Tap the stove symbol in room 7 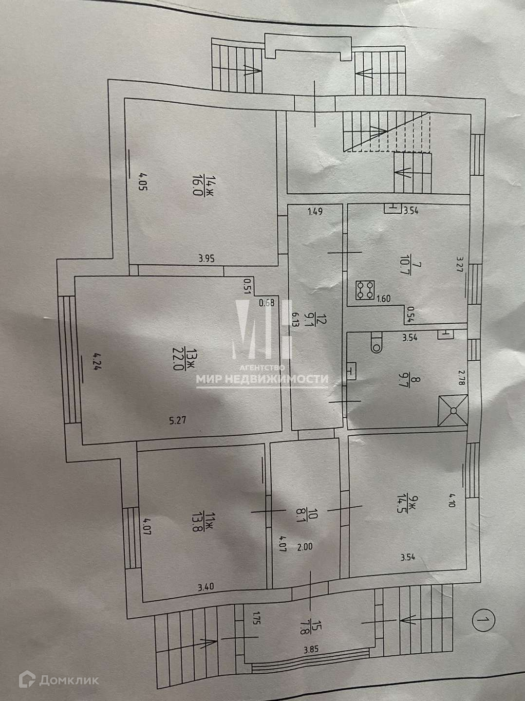click(x=365, y=290)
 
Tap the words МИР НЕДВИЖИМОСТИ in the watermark click(x=262, y=379)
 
